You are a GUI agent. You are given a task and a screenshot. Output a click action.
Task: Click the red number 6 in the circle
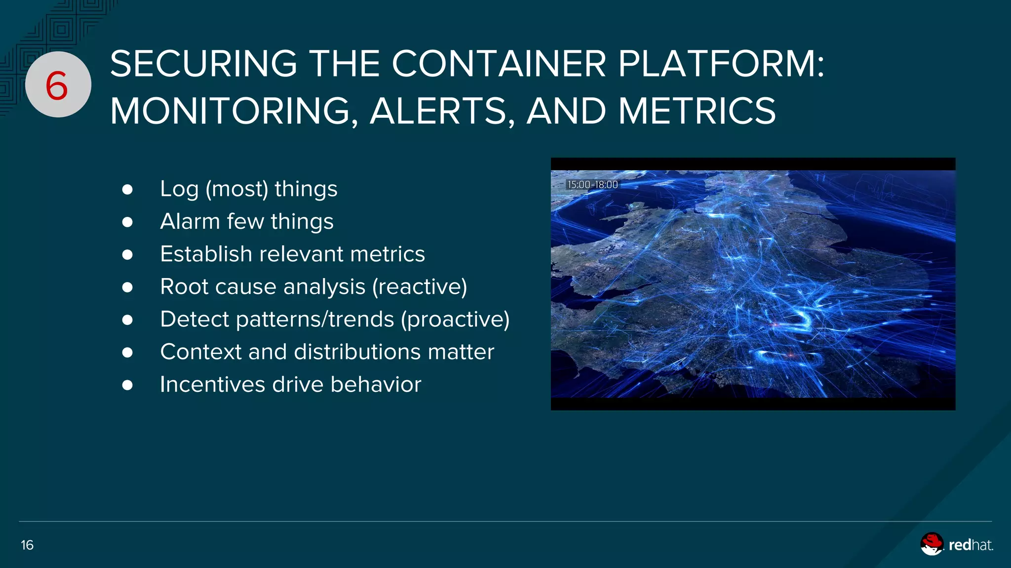57,85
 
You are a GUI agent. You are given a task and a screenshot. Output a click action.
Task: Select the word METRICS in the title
697,111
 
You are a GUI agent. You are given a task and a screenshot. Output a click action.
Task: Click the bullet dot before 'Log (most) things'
127,190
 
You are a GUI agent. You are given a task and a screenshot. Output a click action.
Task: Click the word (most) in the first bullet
236,189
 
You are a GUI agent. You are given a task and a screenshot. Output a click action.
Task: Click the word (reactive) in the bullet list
420,287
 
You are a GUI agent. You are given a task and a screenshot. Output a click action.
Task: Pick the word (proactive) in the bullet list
455,319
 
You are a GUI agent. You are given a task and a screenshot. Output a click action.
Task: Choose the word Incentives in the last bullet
212,385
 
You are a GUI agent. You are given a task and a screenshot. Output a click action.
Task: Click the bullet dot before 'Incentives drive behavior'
127,385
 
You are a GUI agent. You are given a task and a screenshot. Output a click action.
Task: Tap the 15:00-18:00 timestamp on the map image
592,184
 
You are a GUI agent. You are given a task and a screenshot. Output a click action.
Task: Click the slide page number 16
27,545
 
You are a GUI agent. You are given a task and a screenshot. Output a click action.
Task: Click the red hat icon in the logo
932,544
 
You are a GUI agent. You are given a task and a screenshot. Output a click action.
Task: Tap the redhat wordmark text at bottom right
971,545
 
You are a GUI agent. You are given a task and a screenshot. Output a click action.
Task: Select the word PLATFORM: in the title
721,64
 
